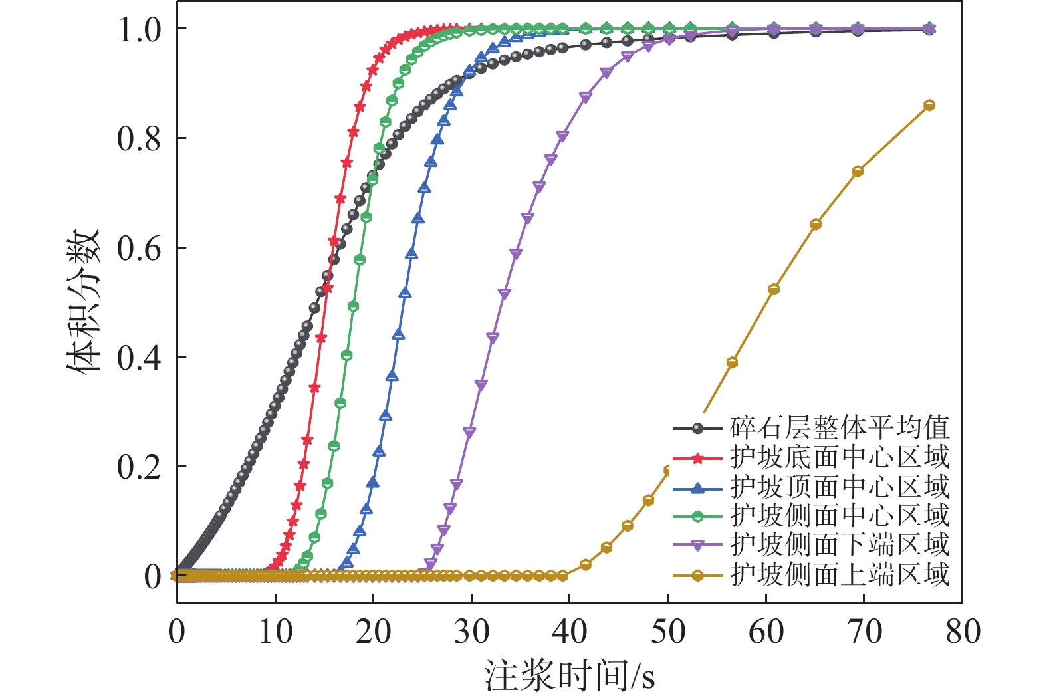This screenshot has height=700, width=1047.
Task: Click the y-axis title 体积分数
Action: [84, 300]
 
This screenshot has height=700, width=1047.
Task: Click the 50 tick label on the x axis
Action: [668, 631]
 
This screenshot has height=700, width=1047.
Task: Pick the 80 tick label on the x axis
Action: [963, 631]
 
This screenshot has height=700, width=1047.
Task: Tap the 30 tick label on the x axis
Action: [471, 631]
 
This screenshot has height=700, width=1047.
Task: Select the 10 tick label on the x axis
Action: [275, 631]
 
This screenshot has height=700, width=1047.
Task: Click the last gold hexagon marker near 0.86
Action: [929, 105]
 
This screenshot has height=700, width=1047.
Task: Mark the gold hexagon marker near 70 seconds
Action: [858, 172]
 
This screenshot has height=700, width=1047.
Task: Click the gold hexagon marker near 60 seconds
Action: [774, 289]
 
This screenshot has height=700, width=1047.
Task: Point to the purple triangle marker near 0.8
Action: [562, 136]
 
